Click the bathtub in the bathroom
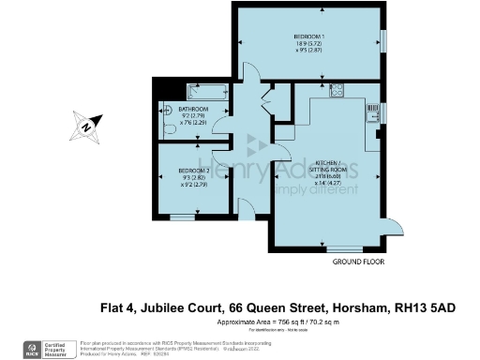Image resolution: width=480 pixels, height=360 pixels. pos(206,91)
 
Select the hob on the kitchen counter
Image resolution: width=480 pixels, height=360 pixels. pos(337,91)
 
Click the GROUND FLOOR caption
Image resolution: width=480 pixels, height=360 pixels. pos(358,262)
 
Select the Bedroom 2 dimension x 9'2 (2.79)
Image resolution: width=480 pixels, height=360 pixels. pos(194,184)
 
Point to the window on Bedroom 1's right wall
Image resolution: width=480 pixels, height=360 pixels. pos(384,40)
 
